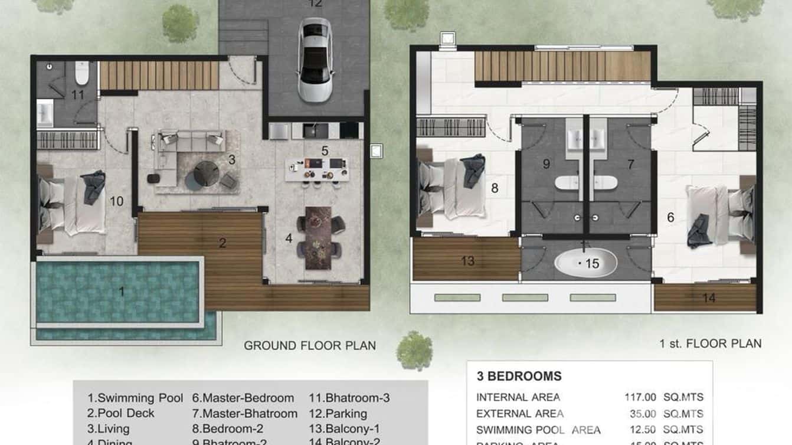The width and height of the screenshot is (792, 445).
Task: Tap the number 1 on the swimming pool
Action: (x=122, y=291)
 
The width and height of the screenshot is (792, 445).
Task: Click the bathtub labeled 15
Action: (x=585, y=264)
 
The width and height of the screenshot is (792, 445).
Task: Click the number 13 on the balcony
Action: (x=467, y=261)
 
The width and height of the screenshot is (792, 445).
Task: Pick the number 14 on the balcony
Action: (x=709, y=298)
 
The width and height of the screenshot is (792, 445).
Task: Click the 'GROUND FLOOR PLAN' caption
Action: (x=310, y=345)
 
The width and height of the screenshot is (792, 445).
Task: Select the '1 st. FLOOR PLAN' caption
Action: (x=710, y=343)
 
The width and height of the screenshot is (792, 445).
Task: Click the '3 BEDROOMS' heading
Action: (x=519, y=377)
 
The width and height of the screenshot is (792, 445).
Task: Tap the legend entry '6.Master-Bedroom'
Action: (x=243, y=398)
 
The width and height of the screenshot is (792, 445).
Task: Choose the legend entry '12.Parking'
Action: (x=338, y=414)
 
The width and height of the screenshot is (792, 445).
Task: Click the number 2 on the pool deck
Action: (x=222, y=243)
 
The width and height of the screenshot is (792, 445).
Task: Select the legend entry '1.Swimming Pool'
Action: (x=135, y=398)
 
